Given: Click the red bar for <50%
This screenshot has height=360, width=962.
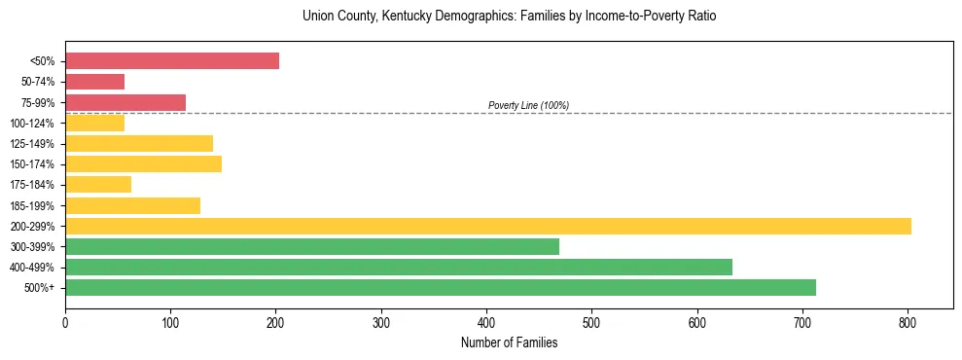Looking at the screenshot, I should point(172,61).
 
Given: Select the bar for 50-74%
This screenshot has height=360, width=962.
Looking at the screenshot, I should point(94,82).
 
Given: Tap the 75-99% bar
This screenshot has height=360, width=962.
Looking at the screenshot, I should point(125,102).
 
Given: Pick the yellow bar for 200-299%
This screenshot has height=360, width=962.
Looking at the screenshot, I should point(488,226).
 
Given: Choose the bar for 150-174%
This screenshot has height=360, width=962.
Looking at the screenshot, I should point(143,163).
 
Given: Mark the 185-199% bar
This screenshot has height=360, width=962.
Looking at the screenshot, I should point(132,205).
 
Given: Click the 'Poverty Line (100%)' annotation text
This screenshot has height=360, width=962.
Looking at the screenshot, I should point(528,105).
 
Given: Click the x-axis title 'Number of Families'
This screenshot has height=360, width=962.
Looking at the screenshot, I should point(509,342).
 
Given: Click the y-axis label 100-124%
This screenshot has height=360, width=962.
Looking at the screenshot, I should point(33,124).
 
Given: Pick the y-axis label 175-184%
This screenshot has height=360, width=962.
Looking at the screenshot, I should point(33,185).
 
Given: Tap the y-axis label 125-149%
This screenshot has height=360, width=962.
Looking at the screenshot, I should point(33,144).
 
